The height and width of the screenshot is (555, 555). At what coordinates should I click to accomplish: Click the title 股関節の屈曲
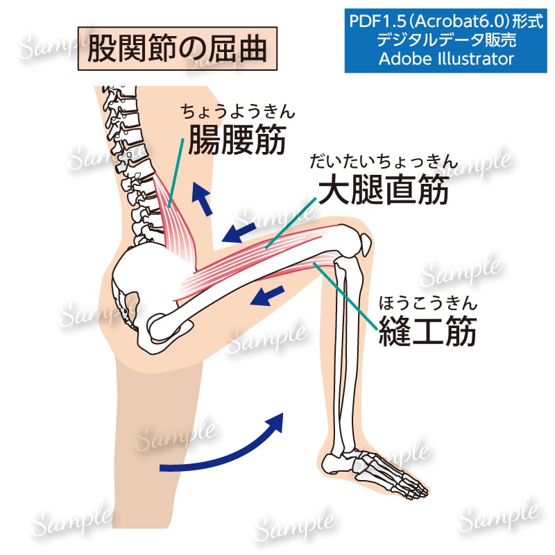(177, 48)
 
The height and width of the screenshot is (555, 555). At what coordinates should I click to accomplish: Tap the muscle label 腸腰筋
(237, 139)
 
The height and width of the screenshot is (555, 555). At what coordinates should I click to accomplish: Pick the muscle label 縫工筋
(427, 331)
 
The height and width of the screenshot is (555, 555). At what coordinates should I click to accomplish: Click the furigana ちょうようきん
(237, 112)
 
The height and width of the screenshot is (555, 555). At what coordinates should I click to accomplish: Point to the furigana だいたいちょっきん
(384, 161)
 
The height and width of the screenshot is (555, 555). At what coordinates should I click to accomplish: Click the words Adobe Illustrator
(446, 59)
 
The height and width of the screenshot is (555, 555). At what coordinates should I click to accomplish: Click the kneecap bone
(365, 244)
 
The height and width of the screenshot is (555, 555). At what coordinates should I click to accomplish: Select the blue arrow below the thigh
(267, 296)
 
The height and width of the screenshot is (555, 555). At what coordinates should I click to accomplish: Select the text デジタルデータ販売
(446, 40)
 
